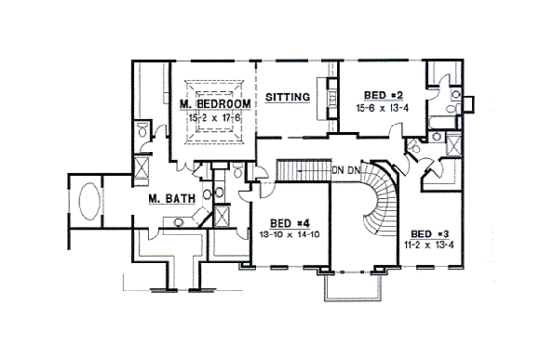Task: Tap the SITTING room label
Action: pos(287,97)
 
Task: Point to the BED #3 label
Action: pos(427,234)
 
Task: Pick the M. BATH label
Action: pos(173,199)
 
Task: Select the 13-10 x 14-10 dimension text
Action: pos(288,234)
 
